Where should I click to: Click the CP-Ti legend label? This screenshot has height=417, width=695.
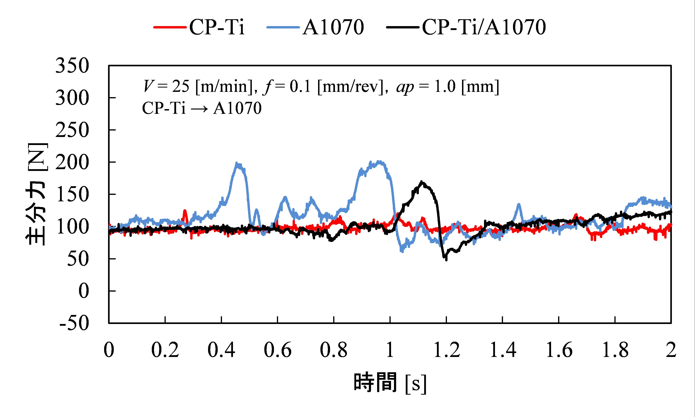[x=217, y=27]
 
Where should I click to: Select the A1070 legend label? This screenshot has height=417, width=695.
[x=333, y=27]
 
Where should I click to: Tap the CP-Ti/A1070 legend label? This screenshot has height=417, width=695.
[x=484, y=27]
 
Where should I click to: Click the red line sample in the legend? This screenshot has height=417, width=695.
[x=170, y=27]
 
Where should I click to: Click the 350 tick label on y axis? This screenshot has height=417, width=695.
[x=72, y=66]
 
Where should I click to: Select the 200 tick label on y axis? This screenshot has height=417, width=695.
[x=72, y=162]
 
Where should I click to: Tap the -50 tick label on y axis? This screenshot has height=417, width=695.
[x=74, y=323]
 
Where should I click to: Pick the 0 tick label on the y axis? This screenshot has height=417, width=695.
[x=83, y=291]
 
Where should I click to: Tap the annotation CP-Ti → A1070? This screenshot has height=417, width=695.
[x=202, y=108]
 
